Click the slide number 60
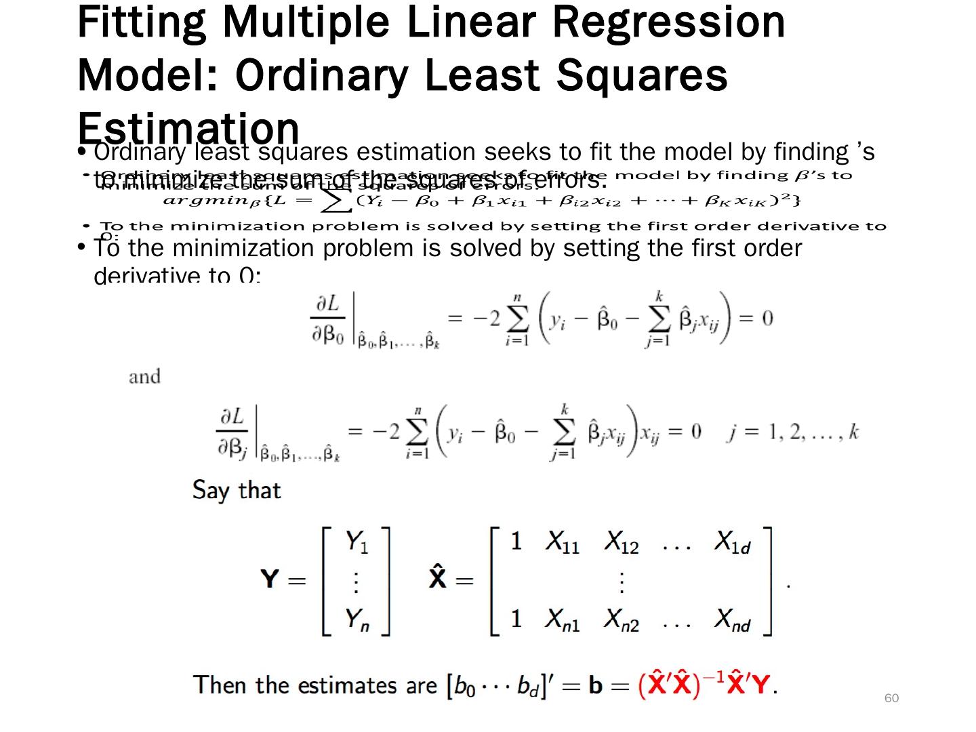pyautogui.click(x=891, y=698)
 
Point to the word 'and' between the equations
pyautogui.click(x=144, y=377)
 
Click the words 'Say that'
pyautogui.click(x=236, y=489)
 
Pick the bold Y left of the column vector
pyautogui.click(x=270, y=579)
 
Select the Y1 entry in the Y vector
pyautogui.click(x=357, y=542)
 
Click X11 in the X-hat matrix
pyautogui.click(x=562, y=542)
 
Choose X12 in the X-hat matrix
pyautogui.click(x=622, y=542)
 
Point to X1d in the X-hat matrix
pyautogui.click(x=733, y=542)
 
